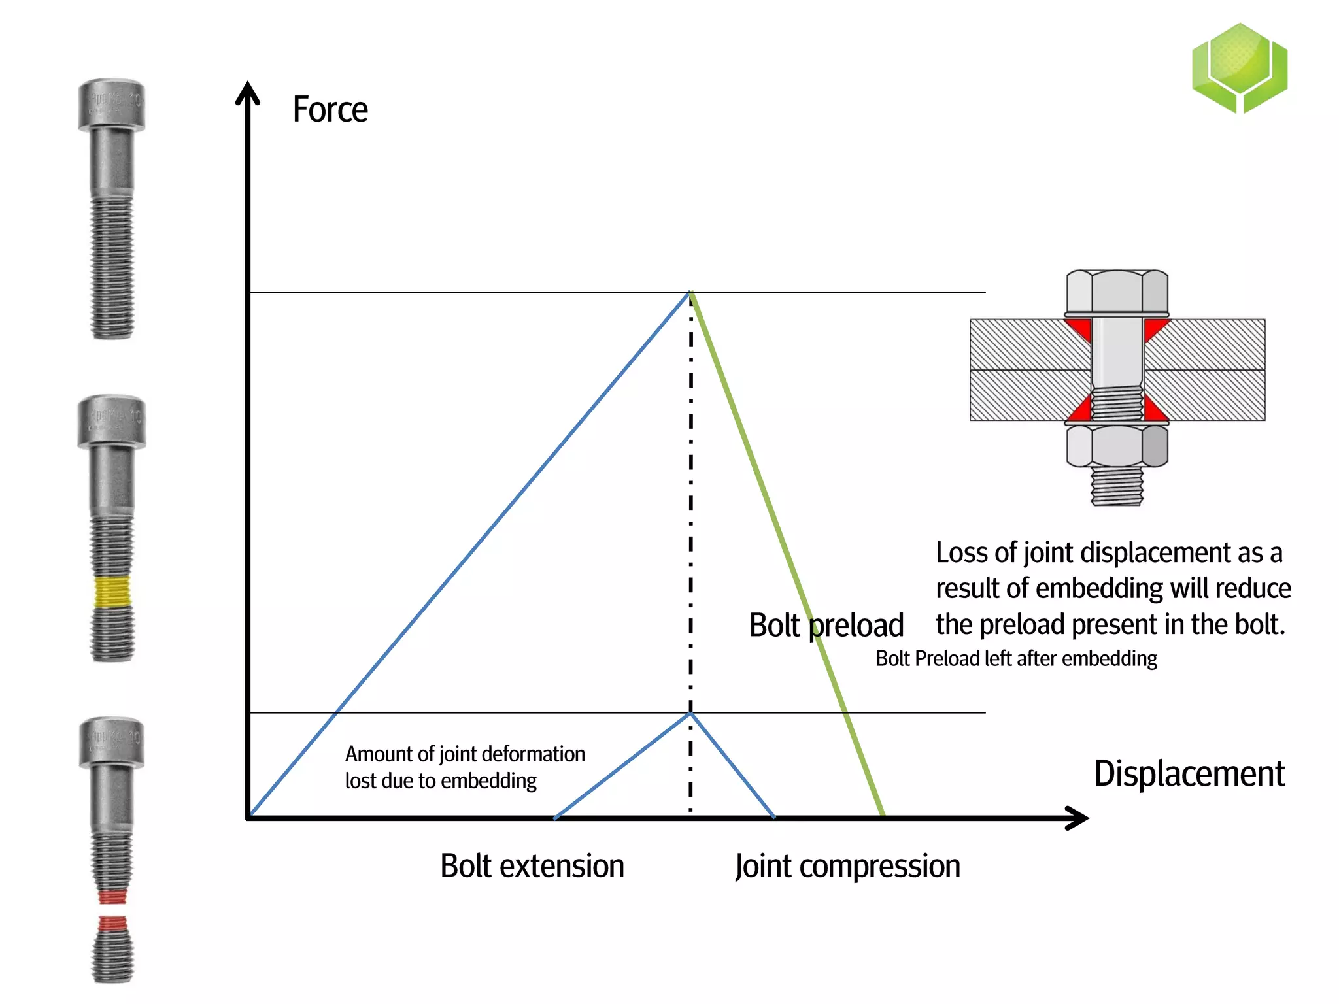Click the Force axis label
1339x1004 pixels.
(330, 109)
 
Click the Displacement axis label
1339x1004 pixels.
(1189, 774)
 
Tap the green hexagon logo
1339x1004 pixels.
(1239, 68)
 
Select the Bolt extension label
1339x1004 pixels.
(532, 866)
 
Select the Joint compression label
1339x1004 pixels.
(847, 866)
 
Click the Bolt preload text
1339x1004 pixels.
(826, 626)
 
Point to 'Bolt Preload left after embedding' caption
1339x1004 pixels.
(1016, 658)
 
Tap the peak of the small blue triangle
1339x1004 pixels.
(690, 714)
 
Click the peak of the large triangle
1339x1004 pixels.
(690, 293)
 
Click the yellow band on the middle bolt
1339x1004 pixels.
(112, 592)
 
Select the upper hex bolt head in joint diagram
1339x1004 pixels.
(1117, 292)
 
